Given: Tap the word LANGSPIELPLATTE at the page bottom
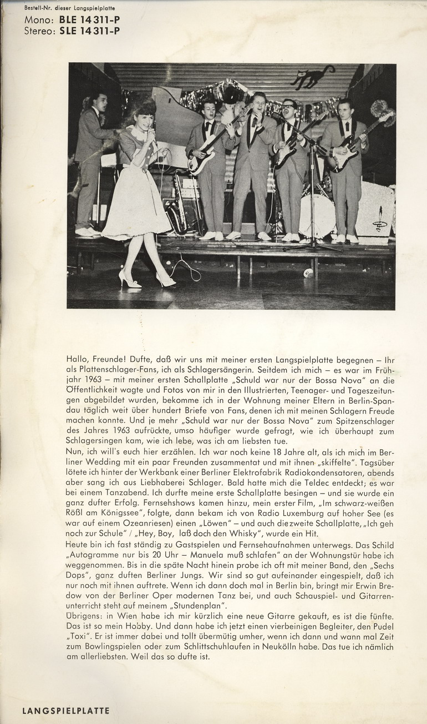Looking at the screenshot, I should tap(66, 710).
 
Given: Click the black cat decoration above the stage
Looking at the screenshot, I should tap(313, 77).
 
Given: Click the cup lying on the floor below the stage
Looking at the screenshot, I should tap(308, 273).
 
